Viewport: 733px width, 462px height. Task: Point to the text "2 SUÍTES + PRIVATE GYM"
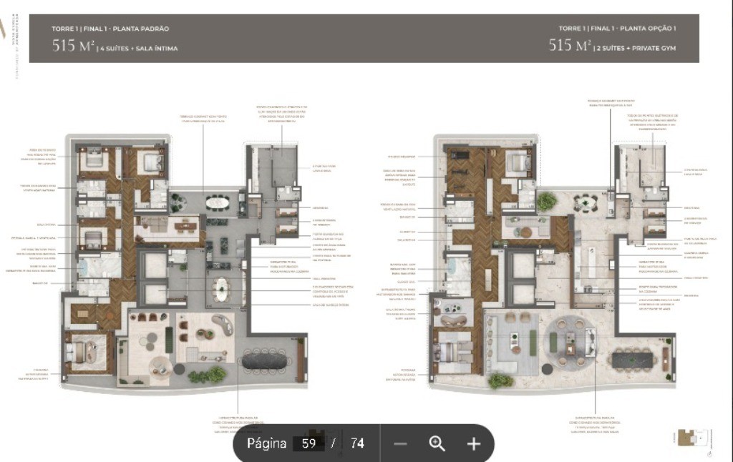coord(636,49)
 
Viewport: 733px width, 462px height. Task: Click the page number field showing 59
coord(309,443)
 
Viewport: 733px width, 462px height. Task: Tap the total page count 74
coord(357,443)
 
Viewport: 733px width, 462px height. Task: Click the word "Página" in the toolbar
coord(267,443)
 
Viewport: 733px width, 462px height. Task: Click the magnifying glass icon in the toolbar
coord(437,443)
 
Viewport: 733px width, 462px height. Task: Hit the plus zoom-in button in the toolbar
coord(473,443)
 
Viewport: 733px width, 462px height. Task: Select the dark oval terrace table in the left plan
coord(268,362)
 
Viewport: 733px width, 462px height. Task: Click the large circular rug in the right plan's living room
coord(568,341)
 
